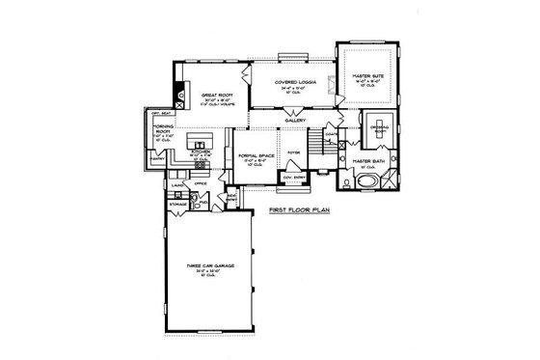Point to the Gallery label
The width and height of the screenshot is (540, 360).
(295, 121)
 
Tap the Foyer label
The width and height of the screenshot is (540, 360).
(294, 152)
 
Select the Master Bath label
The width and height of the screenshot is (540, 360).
(368, 161)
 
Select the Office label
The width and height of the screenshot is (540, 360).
(201, 182)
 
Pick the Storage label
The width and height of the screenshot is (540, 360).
(176, 204)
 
